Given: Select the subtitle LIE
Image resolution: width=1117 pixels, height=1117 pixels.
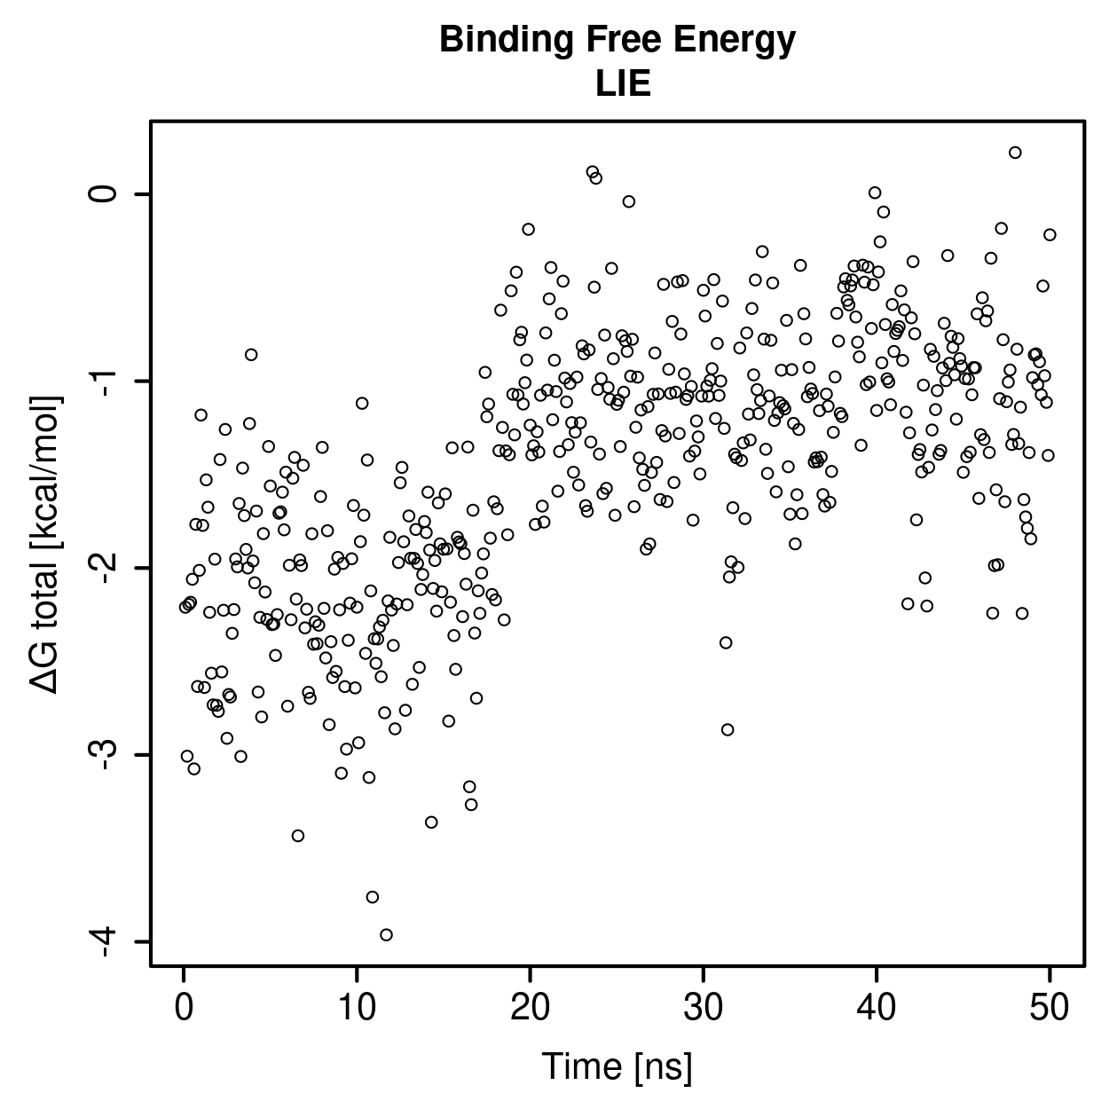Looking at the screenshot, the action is click(x=623, y=83).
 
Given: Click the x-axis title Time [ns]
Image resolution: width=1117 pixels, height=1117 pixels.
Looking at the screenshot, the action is click(x=617, y=1066).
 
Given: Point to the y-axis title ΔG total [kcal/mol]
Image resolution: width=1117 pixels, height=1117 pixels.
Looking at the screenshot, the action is click(x=45, y=545).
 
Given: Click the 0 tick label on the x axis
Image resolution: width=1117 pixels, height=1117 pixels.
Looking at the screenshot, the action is click(x=184, y=1008).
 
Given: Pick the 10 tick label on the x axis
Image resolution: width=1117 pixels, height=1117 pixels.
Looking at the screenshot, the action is click(x=357, y=1008).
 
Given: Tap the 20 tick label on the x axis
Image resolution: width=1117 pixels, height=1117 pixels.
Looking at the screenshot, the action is click(x=530, y=1008).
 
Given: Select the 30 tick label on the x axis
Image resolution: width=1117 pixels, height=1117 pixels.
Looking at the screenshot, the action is click(x=703, y=1008).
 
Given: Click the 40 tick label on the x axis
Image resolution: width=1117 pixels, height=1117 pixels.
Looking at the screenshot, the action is click(x=876, y=1008).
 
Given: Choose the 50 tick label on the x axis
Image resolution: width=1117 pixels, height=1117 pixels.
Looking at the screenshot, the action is click(x=1049, y=1008).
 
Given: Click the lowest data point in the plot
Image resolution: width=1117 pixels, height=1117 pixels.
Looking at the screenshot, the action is click(x=386, y=934).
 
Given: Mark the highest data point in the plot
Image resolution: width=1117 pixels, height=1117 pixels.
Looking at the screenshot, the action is click(x=1015, y=153).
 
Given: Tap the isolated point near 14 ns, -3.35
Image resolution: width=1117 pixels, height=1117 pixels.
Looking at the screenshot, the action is click(x=431, y=822).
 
